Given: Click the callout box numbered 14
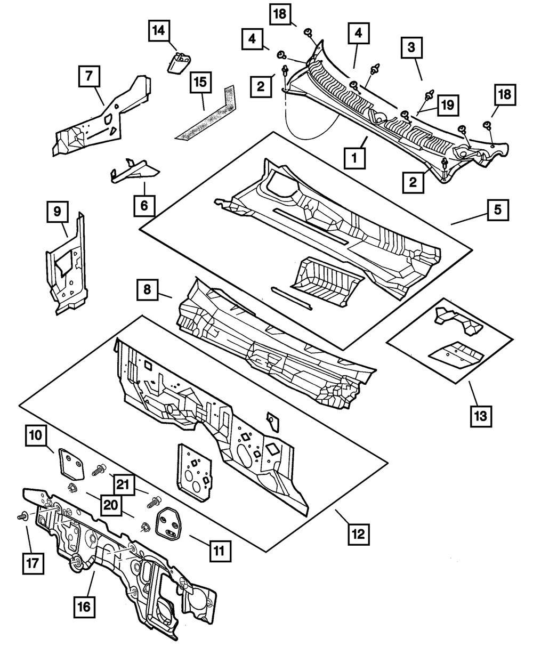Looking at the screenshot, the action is pyautogui.click(x=159, y=31).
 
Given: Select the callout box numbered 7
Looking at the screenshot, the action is pyautogui.click(x=89, y=76).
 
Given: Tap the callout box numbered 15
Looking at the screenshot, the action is pyautogui.click(x=200, y=83).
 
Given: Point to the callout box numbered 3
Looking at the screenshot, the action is pyautogui.click(x=411, y=48).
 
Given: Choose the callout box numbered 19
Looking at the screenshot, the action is pyautogui.click(x=448, y=106).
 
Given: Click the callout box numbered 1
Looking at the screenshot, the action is pyautogui.click(x=354, y=158).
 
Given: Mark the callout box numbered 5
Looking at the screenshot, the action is pyautogui.click(x=498, y=210).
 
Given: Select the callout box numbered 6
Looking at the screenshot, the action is pyautogui.click(x=144, y=206).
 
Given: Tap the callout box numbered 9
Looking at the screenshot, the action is pyautogui.click(x=58, y=212).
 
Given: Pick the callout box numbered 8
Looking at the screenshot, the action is pyautogui.click(x=147, y=290).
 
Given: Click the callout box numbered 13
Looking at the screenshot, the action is pyautogui.click(x=481, y=416).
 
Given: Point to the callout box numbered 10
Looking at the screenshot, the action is pyautogui.click(x=36, y=435).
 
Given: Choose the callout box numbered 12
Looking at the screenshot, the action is pyautogui.click(x=359, y=534).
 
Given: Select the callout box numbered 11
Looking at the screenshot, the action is pyautogui.click(x=220, y=551).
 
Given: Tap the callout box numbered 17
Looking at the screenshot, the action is pyautogui.click(x=33, y=563).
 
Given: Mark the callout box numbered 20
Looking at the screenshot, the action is pyautogui.click(x=111, y=505).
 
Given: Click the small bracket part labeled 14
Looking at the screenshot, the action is pyautogui.click(x=179, y=63).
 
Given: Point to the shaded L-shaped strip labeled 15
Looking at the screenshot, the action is pyautogui.click(x=206, y=113).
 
